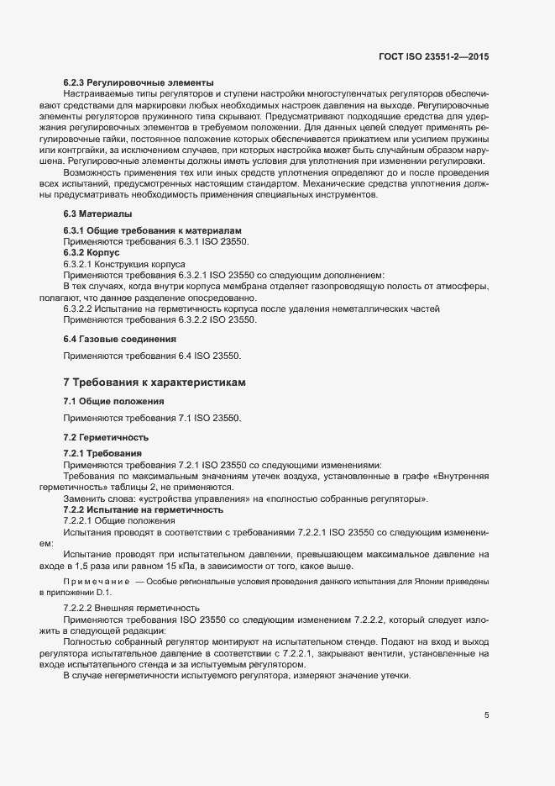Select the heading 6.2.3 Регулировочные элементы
tap(139, 82)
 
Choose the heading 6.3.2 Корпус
tap(92, 252)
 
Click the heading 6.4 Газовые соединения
tap(119, 339)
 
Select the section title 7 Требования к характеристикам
tap(155, 382)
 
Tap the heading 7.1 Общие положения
tap(113, 401)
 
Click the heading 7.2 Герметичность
tap(106, 437)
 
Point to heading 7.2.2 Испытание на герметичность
tap(144, 510)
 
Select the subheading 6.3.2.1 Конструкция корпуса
tap(123, 263)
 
